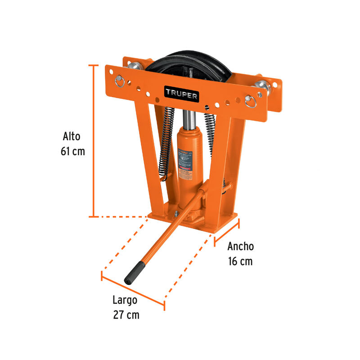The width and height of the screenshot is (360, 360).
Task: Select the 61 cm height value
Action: [x=72, y=151]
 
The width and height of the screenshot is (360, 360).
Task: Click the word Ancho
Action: [x=240, y=246]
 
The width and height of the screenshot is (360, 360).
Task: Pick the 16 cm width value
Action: [x=240, y=261]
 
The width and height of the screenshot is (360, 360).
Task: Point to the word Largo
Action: [x=125, y=300]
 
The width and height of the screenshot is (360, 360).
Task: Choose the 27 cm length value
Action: [x=126, y=315]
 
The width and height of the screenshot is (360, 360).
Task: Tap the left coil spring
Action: [x=166, y=142]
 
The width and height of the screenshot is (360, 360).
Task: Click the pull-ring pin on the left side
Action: [x=120, y=81]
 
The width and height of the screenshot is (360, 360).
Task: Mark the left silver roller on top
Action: [x=134, y=67]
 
